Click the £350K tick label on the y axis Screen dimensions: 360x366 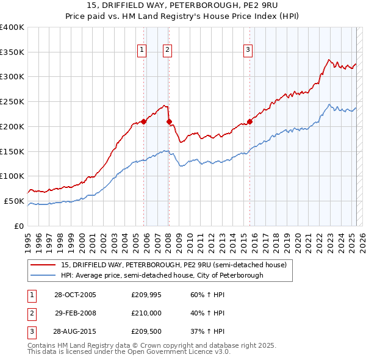12,52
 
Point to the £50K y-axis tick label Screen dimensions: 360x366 14,201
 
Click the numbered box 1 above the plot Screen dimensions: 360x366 142,51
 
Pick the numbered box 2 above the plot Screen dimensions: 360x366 167,51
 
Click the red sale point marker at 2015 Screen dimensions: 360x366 250,121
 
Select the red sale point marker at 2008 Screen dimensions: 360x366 169,121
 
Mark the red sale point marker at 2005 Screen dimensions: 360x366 144,121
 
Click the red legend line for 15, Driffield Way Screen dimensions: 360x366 41,265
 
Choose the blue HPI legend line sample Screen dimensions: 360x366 41,275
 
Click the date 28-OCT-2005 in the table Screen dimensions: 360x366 75,295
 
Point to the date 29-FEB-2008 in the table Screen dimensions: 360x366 75,313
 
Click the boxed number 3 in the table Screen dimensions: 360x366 30,331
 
